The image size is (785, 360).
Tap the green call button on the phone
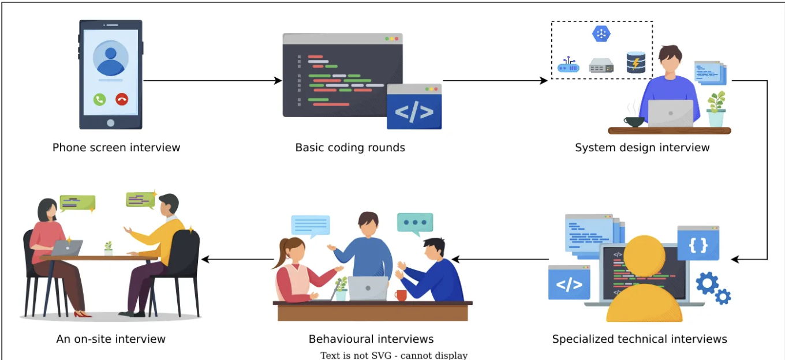pyautogui.click(x=100, y=99)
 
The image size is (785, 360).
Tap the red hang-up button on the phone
pyautogui.click(x=122, y=99)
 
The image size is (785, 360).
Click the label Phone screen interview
pyautogui.click(x=116, y=148)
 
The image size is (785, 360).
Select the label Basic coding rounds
pyautogui.click(x=350, y=148)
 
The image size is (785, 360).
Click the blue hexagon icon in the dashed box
pyautogui.click(x=601, y=34)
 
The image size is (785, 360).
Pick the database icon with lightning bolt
pyautogui.click(x=636, y=62)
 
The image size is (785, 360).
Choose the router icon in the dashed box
pyautogui.click(x=569, y=66)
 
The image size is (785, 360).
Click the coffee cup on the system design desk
pyautogui.click(x=634, y=121)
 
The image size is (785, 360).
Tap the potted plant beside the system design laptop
pyautogui.click(x=716, y=109)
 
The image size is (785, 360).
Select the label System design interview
pyautogui.click(x=642, y=148)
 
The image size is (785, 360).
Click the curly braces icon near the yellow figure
pyautogui.click(x=698, y=244)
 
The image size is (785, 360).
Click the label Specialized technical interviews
pyautogui.click(x=640, y=339)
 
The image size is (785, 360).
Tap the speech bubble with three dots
pyautogui.click(x=414, y=223)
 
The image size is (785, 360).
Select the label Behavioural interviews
pyautogui.click(x=371, y=339)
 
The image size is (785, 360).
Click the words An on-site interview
pyautogui.click(x=111, y=339)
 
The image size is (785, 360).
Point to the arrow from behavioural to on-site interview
pyautogui.click(x=237, y=260)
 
